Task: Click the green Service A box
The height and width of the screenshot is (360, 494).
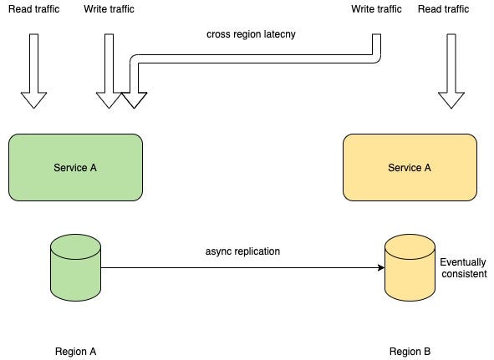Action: point(75,167)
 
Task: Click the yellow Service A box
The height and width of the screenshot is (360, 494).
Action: point(410,167)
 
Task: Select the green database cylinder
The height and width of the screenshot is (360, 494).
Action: point(75,267)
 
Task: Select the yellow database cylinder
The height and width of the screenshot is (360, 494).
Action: point(410,267)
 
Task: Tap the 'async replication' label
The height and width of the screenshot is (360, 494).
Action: point(242,251)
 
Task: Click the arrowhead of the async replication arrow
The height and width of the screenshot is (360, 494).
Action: point(381,268)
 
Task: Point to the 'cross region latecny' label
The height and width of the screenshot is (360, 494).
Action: point(251,34)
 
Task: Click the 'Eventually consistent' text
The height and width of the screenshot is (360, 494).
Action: point(463,268)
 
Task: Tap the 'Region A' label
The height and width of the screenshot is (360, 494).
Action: point(75,351)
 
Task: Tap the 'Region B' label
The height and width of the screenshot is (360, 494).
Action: point(410,351)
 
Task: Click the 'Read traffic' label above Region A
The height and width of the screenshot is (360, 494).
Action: point(33,9)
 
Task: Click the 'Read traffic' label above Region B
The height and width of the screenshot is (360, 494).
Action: point(443,9)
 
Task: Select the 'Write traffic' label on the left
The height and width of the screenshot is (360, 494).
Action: point(109,9)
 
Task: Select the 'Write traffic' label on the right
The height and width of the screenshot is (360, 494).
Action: point(376,9)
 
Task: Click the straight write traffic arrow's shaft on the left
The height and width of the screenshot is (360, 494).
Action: point(109,63)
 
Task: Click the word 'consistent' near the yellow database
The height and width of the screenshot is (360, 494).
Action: point(464,273)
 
